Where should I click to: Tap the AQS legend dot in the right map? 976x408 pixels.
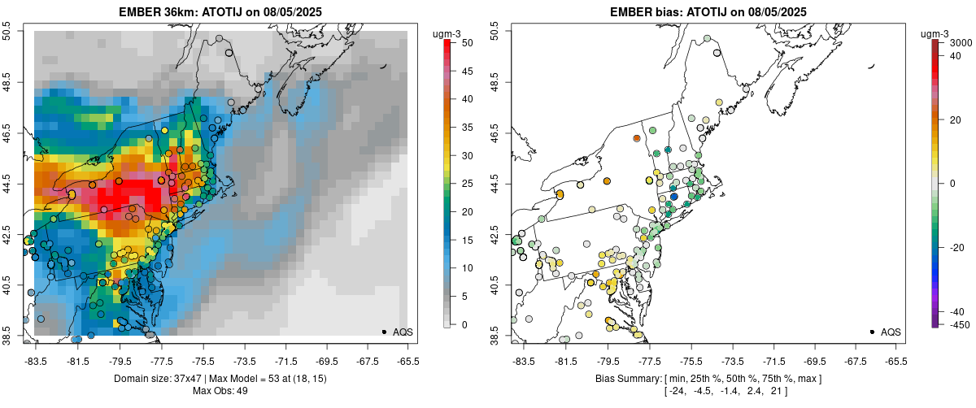(872, 332)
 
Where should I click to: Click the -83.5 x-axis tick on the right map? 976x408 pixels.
(522, 361)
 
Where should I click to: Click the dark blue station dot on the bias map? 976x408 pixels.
(673, 197)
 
